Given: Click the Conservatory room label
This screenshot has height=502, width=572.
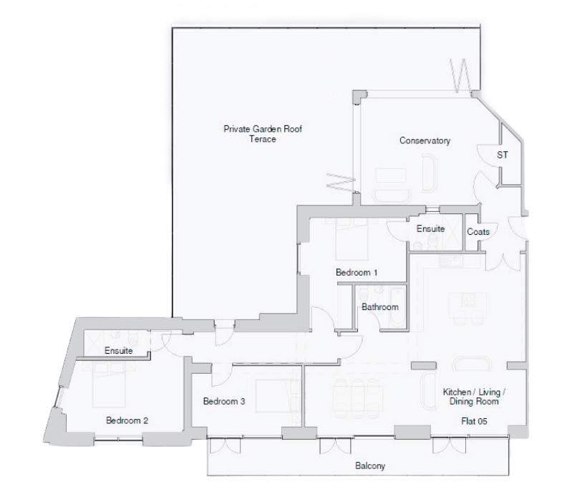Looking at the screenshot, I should click(x=425, y=141).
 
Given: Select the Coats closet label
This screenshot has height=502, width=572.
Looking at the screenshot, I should click(x=478, y=232).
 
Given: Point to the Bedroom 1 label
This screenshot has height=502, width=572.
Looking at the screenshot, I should click(x=357, y=273).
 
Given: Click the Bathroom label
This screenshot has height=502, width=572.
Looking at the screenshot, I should click(x=379, y=307).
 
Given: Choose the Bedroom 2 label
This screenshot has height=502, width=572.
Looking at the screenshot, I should click(x=127, y=420).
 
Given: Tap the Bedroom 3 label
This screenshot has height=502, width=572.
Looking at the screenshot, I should click(x=224, y=402).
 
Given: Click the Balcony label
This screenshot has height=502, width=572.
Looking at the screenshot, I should click(x=370, y=466).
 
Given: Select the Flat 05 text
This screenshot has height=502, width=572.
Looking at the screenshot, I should click(x=474, y=421).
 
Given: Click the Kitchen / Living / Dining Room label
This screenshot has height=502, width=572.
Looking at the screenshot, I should click(x=474, y=397).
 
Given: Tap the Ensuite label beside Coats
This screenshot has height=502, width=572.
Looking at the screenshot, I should click(x=431, y=229).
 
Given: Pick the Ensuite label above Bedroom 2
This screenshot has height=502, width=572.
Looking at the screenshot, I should click(x=119, y=351).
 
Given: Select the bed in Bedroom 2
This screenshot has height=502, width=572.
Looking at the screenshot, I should click(x=107, y=386).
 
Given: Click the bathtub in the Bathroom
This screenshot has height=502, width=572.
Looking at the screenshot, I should click(x=395, y=307).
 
